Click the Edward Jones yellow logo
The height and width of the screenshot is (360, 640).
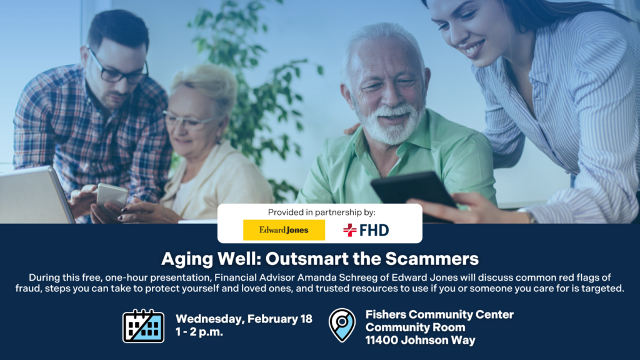[284, 230]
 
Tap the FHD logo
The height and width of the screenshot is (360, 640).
[366, 230]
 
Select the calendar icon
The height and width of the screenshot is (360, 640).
[143, 326]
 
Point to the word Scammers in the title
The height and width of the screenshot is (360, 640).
[439, 258]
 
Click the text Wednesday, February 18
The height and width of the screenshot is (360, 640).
[244, 319]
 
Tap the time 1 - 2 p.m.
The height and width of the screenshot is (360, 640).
[199, 332]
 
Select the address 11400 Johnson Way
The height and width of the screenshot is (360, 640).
[420, 341]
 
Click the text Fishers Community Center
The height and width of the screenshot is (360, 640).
[439, 314]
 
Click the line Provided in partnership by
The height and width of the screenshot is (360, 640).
[319, 212]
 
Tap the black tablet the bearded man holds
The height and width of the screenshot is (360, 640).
[412, 190]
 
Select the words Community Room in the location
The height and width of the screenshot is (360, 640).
[415, 327]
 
